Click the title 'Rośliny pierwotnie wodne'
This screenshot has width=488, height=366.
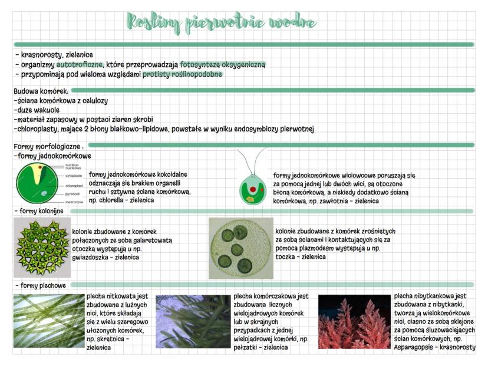pyautogui.click(x=220, y=22)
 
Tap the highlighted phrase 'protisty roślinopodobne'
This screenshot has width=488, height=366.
pyautogui.click(x=182, y=74)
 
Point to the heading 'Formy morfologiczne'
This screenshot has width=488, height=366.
pyautogui.click(x=47, y=146)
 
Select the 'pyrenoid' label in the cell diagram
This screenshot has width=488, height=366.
pyautogui.click(x=72, y=193)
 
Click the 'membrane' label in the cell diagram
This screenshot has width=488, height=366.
pyautogui.click(x=74, y=202)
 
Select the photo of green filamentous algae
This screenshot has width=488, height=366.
pyautogui.click(x=49, y=321)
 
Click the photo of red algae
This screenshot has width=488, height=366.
pyautogui.click(x=354, y=321)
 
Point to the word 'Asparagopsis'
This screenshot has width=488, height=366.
pyautogui.click(x=416, y=348)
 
